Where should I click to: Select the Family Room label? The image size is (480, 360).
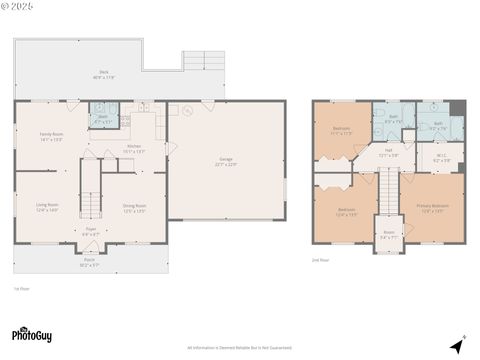pos(51,137)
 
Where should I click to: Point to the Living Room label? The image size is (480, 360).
pos(47,207)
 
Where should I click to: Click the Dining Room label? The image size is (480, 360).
pos(134,208)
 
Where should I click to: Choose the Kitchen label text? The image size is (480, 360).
pos(133,150)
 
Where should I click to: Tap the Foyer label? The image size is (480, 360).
pos(90,233)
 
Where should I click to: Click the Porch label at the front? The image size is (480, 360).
pos(90,263)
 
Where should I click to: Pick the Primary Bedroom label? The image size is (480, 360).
pos(432,208)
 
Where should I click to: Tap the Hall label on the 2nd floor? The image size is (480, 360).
pos(388,153)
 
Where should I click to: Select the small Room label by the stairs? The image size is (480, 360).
pos(387,236)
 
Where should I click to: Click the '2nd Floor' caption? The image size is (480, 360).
pos(320,260)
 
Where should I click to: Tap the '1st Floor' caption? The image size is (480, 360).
pos(21,289)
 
